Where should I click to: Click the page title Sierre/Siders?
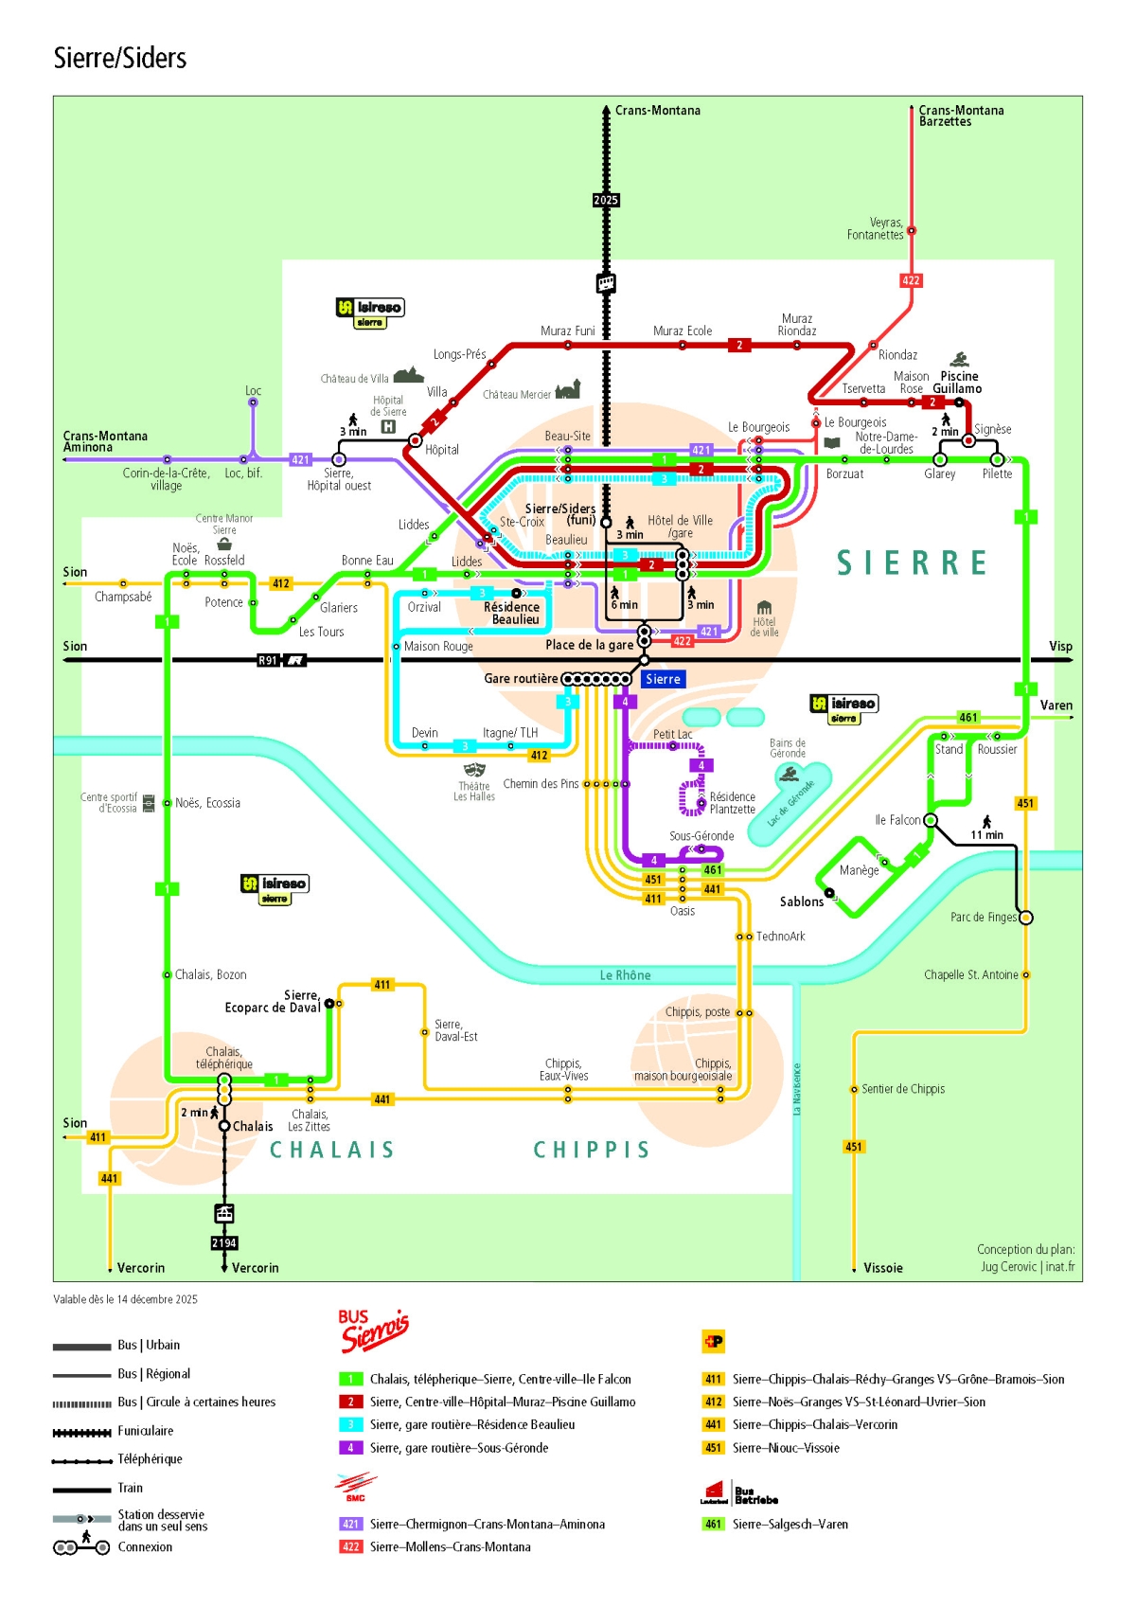pos(120,59)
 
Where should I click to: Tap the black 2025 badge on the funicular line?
pos(606,200)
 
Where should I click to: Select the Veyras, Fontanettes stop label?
pos(876,229)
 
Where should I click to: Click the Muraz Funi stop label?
pos(568,330)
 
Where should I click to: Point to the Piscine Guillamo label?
pos(957,383)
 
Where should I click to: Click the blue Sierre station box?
pos(663,679)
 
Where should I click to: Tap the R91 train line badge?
pos(269,660)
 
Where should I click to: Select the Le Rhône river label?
pos(625,975)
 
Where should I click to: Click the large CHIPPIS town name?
pos(592,1150)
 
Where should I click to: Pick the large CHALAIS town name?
pos(332,1150)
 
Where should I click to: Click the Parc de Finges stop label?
pos(983,917)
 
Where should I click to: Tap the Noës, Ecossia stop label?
pos(207,803)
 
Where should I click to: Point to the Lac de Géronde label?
pos(790,804)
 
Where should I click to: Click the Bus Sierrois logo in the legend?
pos(373,1330)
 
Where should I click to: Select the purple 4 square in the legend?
pos(350,1448)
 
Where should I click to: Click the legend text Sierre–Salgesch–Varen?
pos(790,1524)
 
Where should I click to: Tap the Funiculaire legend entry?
pos(145,1431)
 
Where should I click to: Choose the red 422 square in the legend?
pos(350,1546)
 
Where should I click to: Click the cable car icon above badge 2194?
pos(224,1213)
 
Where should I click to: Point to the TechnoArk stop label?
pos(780,937)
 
